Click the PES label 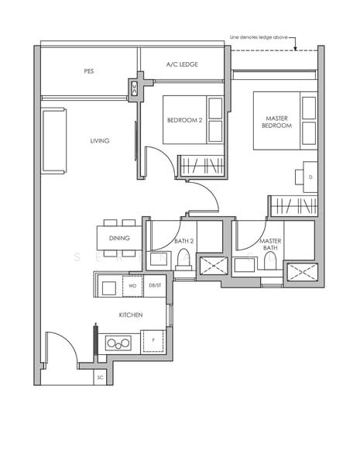click(89, 71)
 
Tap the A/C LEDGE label click(182, 65)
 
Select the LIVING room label click(99, 140)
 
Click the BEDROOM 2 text click(184, 120)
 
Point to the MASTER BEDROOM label click(276, 121)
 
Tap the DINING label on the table click(118, 239)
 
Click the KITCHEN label click(129, 315)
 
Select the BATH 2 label click(183, 241)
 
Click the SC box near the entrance click(100, 377)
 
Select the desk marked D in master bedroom click(309, 176)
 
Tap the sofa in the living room click(54, 141)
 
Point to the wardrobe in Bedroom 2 click(202, 166)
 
